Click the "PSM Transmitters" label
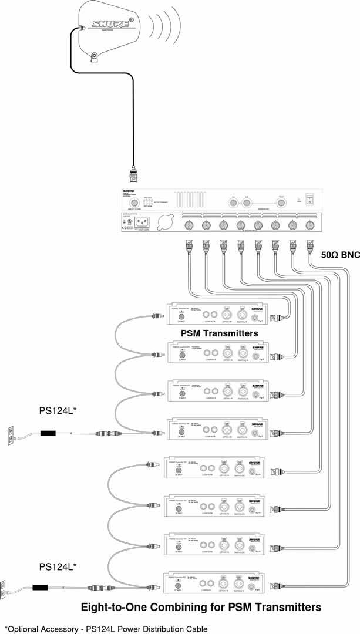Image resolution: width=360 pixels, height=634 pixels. [x=220, y=333]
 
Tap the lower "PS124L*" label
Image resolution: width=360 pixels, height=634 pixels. [x=58, y=566]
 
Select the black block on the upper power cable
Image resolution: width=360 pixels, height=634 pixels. [x=48, y=434]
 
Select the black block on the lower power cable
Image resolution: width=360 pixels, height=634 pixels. [x=41, y=586]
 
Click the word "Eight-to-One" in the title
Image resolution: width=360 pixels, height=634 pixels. [x=117, y=606]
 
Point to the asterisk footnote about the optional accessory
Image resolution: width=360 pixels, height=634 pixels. [x=106, y=629]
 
